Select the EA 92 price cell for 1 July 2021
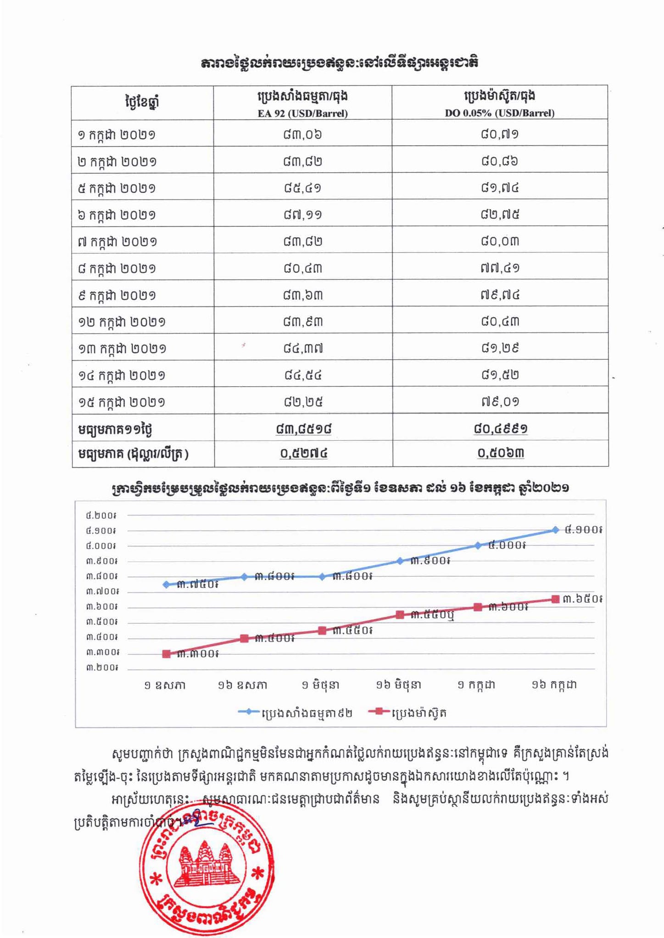click(x=302, y=134)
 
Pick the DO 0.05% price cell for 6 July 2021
click(x=500, y=214)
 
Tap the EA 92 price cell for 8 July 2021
click(x=302, y=268)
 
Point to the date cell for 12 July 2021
click(x=122, y=322)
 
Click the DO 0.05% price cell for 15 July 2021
click(x=500, y=402)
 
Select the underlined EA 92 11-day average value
click(x=303, y=429)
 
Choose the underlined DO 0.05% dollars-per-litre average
click(x=501, y=453)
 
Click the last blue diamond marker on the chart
click(x=555, y=530)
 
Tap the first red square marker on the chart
click(x=167, y=654)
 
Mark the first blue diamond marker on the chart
click(x=167, y=584)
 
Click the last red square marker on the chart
click(x=555, y=599)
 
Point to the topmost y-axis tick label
click(x=100, y=516)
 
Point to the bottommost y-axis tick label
click(x=101, y=667)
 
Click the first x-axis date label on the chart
click(x=165, y=686)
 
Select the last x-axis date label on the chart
click(x=554, y=685)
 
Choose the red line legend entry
click(x=407, y=713)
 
